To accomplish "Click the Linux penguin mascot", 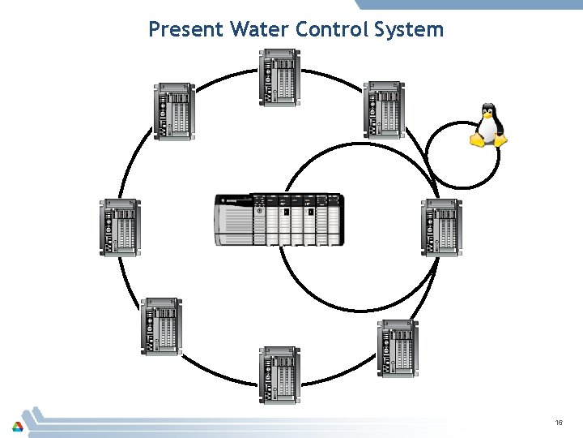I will click(x=488, y=125).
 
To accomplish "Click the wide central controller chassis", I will click(x=279, y=219).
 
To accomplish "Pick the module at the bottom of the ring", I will click(x=279, y=375).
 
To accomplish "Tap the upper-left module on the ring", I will click(x=174, y=111).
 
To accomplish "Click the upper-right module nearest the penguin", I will click(x=384, y=109).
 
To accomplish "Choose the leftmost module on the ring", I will click(x=120, y=227).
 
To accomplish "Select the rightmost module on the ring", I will click(x=442, y=227).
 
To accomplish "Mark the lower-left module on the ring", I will click(x=161, y=326).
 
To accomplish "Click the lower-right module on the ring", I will click(x=398, y=348).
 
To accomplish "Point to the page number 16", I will click(x=559, y=423).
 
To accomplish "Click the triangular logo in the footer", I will click(x=18, y=425).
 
